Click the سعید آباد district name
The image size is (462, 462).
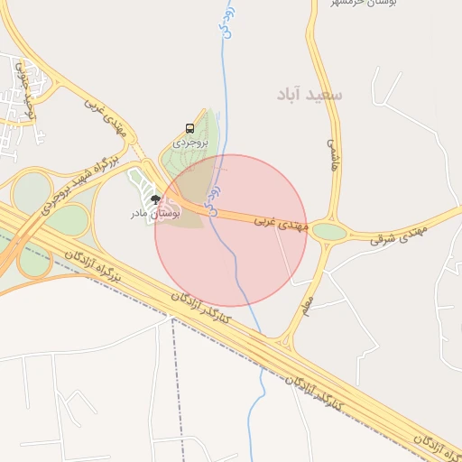(x=312, y=94)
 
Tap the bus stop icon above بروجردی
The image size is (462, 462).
(x=189, y=128)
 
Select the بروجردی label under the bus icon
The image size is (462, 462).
(x=190, y=143)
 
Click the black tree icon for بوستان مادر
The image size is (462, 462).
(x=155, y=200)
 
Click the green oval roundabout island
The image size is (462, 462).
(x=329, y=232)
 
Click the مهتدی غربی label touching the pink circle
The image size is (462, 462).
(x=281, y=221)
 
